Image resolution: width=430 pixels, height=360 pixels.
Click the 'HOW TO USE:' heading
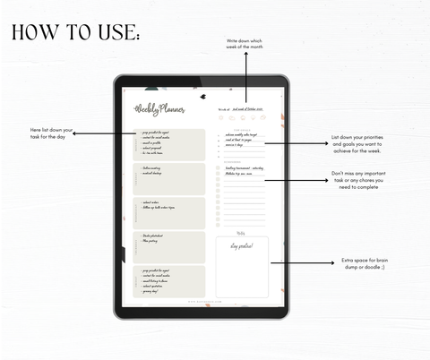pos(75,33)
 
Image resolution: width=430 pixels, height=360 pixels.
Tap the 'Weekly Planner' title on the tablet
pos(159,109)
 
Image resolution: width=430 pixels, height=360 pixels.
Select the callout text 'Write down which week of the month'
pos(245,45)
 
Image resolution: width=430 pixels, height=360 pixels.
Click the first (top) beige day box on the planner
pos(170,144)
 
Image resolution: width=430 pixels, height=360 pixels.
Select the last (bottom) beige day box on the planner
pos(170,280)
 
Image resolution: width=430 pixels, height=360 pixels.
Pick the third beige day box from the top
pos(170,212)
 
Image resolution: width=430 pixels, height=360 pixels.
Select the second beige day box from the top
pos(170,178)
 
